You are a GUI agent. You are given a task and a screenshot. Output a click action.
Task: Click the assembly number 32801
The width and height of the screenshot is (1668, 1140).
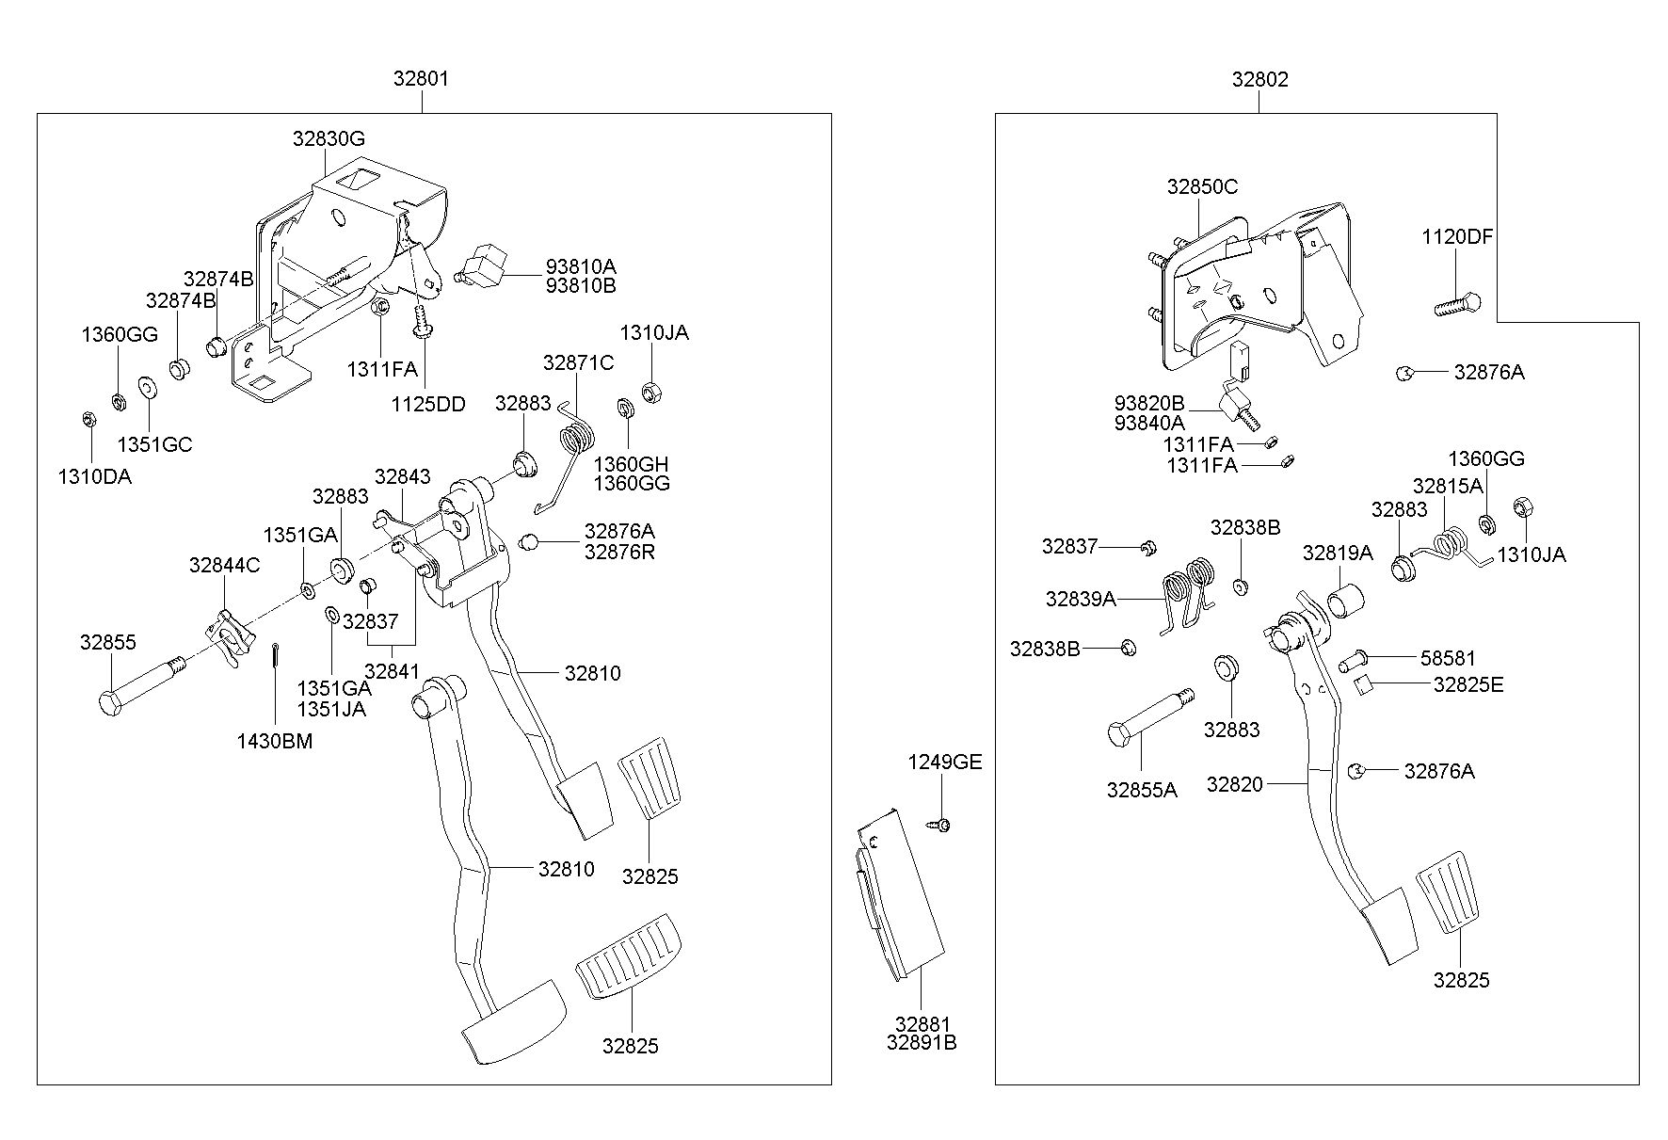click(421, 79)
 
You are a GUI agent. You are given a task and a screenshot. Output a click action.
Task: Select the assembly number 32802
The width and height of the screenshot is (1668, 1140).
click(1260, 79)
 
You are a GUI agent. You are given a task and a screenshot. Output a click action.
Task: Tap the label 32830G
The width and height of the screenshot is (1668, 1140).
click(329, 139)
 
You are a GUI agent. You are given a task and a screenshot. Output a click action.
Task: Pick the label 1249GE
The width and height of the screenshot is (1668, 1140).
click(945, 763)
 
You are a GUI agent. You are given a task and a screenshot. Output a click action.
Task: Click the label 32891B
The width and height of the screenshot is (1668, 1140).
click(922, 1042)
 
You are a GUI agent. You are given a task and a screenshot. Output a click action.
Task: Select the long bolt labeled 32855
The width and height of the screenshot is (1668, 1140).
click(141, 688)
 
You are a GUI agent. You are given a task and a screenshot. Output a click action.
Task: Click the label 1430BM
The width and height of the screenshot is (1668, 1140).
click(275, 741)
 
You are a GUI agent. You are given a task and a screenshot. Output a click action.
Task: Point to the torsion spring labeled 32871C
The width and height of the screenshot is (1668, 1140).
click(567, 458)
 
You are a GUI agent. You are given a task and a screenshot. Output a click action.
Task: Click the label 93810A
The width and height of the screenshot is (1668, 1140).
click(581, 266)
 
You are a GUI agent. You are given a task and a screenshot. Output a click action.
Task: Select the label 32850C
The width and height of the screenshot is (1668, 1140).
click(1202, 186)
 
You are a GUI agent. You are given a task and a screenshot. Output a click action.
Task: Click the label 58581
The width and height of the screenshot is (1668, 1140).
click(1449, 658)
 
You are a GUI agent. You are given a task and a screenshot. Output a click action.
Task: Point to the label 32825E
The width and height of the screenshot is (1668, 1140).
click(1468, 684)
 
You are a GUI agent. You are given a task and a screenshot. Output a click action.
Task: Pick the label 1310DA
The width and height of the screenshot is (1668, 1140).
click(95, 476)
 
